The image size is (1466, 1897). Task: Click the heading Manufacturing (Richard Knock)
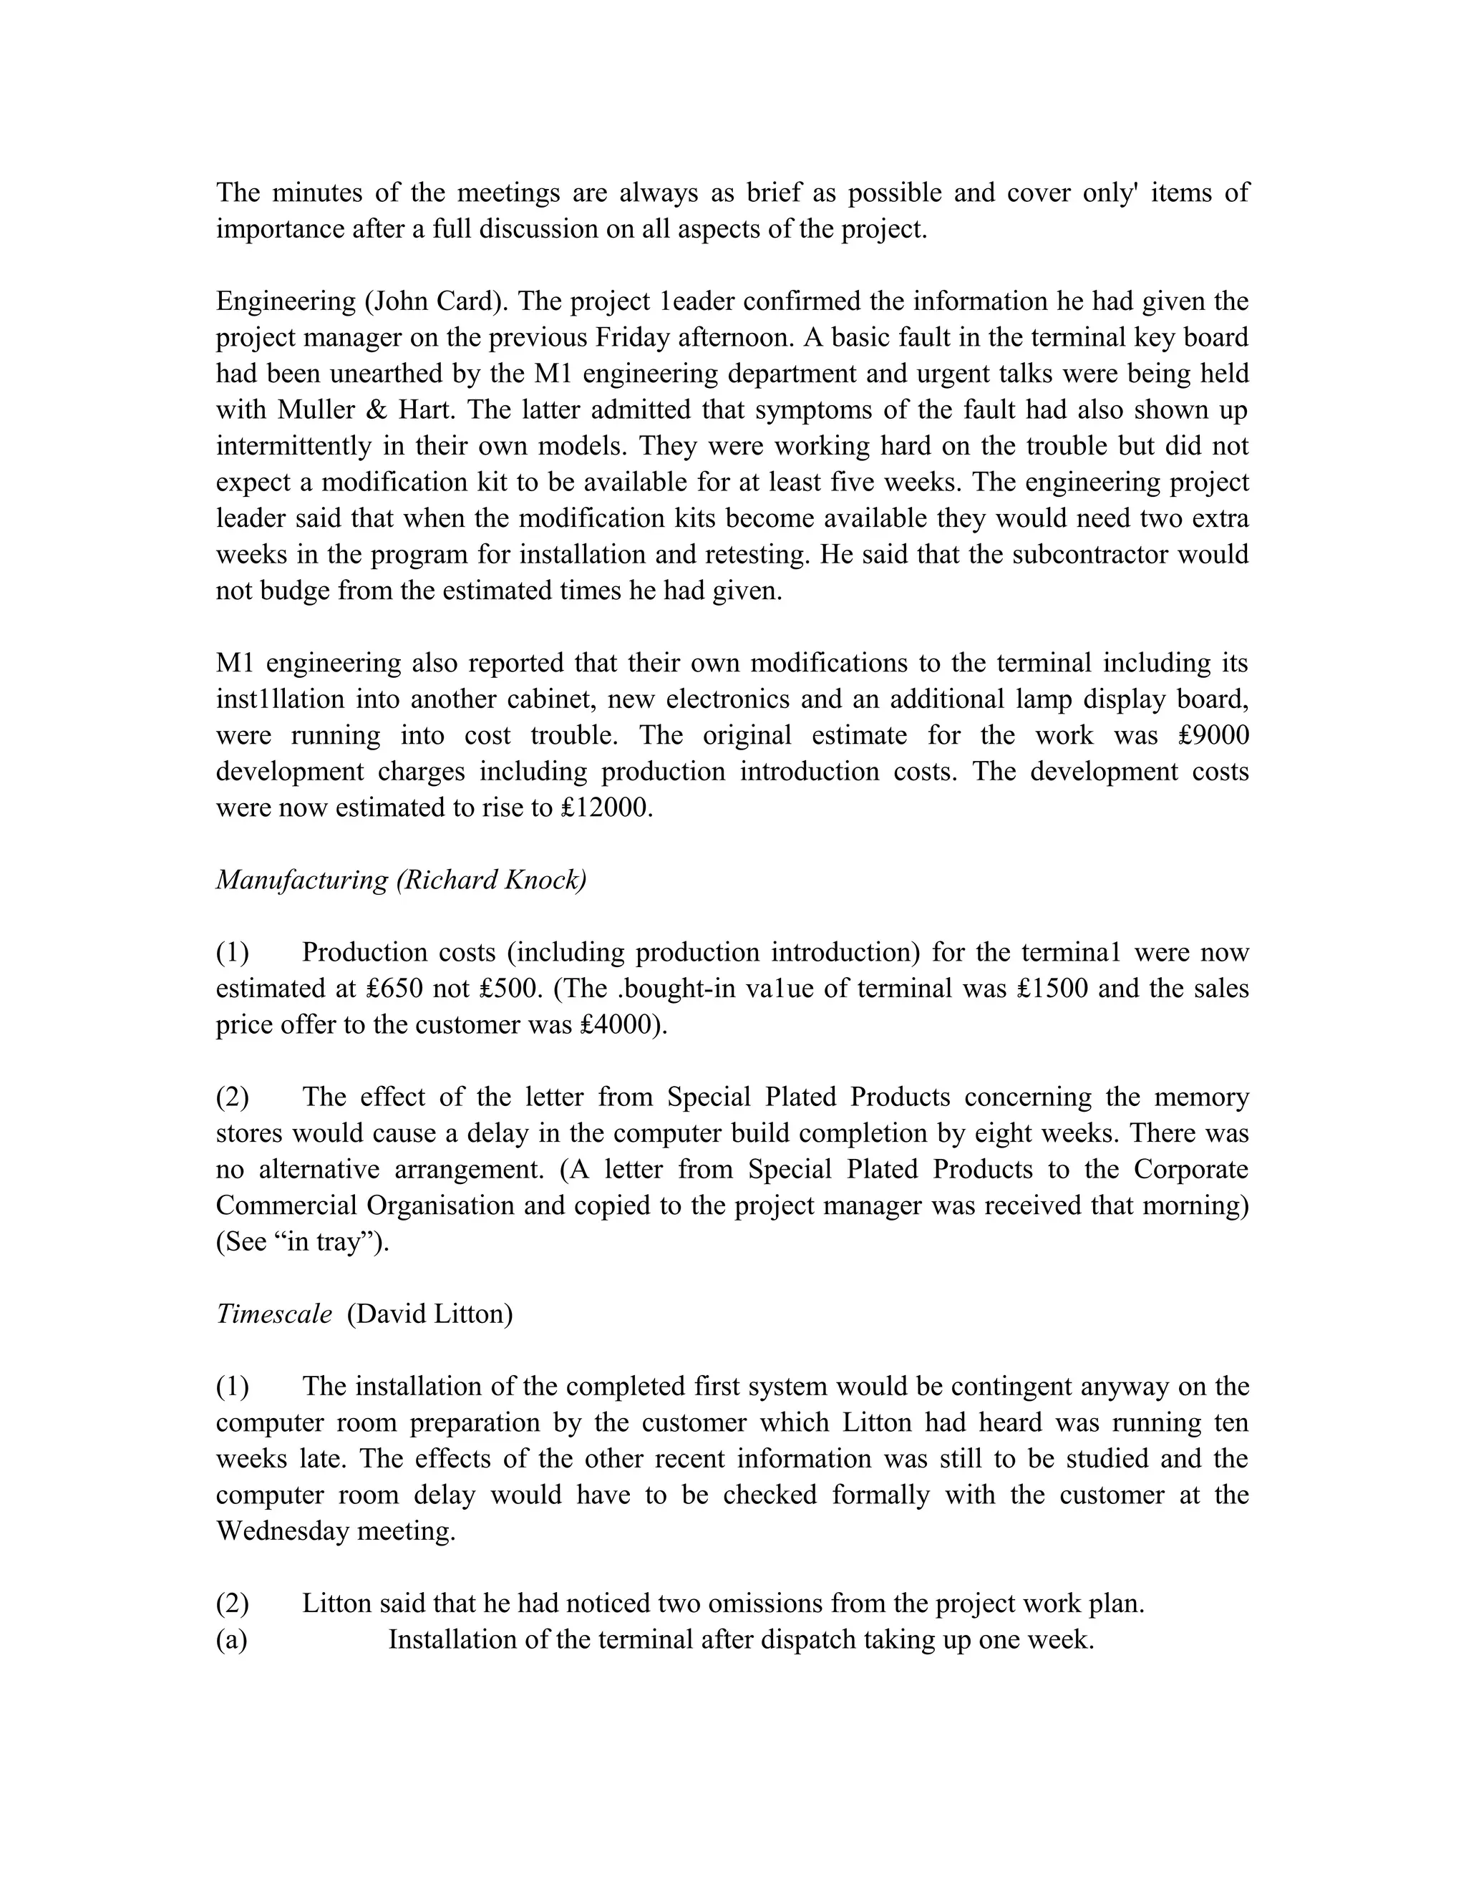pyautogui.click(x=402, y=880)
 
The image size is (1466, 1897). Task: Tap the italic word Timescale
pyautogui.click(x=273, y=1314)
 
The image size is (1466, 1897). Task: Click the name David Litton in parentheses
pyautogui.click(x=430, y=1314)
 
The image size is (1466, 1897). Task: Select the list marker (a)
pyautogui.click(x=232, y=1640)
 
